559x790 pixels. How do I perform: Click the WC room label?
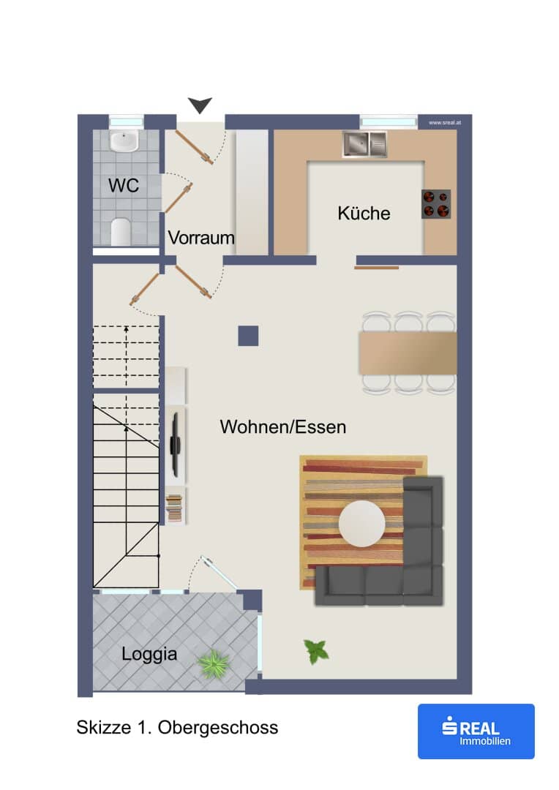click(124, 185)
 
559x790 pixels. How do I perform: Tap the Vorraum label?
click(201, 237)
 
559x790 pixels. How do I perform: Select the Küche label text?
click(364, 213)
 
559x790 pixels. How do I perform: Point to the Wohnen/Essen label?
click(282, 426)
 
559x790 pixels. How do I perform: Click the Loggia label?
click(149, 654)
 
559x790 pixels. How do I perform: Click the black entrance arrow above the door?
click(200, 105)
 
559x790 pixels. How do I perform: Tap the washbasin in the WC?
click(124, 142)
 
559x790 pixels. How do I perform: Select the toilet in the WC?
click(121, 232)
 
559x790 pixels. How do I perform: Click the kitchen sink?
click(365, 144)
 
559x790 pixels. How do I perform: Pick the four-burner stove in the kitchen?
click(436, 204)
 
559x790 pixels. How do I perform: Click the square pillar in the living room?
click(248, 336)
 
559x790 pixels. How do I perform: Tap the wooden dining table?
click(408, 353)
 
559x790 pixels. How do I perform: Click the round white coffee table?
click(362, 524)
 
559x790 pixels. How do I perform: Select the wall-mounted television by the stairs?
click(175, 445)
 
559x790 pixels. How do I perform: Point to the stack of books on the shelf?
click(174, 508)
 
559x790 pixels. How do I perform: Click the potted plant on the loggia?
click(214, 663)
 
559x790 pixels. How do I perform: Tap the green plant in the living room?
click(316, 652)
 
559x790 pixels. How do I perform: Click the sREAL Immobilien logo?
click(476, 731)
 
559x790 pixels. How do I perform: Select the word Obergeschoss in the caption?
click(218, 728)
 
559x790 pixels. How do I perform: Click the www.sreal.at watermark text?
click(445, 122)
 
